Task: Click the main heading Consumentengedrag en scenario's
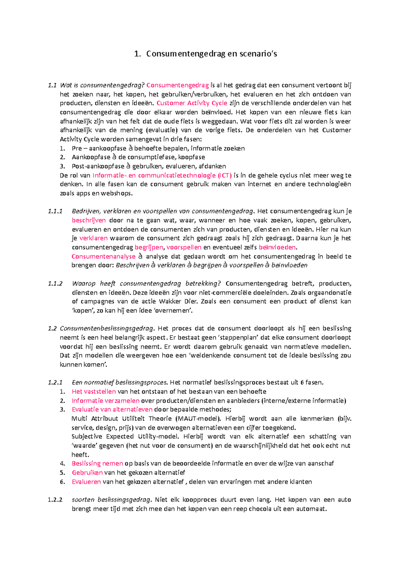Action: tap(205, 54)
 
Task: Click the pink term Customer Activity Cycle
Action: tap(192, 103)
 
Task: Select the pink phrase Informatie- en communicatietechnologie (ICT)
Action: tap(162, 175)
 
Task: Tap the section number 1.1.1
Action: tap(55, 211)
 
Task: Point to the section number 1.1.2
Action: tap(55, 284)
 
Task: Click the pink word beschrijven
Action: tap(89, 220)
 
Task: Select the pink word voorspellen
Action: tap(184, 247)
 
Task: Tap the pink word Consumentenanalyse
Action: tap(103, 256)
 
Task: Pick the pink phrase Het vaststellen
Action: tap(94, 392)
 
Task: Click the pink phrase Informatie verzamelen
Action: tap(105, 401)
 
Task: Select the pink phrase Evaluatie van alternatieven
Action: tap(112, 410)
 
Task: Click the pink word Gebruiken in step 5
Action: tap(87, 472)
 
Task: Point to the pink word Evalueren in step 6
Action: tap(86, 482)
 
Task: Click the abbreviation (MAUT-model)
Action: tap(199, 419)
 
